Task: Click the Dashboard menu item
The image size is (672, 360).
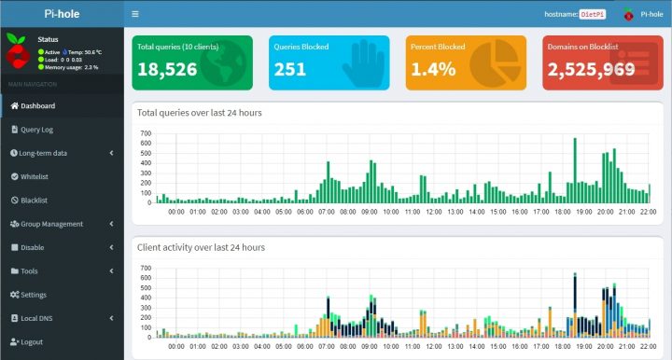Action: click(x=37, y=105)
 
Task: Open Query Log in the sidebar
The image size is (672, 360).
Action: click(x=37, y=129)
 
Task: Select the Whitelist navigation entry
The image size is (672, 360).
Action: click(x=34, y=176)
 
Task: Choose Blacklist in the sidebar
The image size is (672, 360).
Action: click(x=34, y=200)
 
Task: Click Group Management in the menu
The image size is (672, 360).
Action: click(x=51, y=224)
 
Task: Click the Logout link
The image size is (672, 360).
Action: click(x=31, y=342)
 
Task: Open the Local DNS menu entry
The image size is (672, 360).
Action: click(x=38, y=318)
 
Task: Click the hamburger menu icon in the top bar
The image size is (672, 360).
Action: click(x=135, y=14)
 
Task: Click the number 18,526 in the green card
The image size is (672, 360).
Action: click(x=167, y=69)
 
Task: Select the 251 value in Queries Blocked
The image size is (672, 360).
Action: click(x=290, y=69)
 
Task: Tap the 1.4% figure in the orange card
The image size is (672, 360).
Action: click(x=432, y=69)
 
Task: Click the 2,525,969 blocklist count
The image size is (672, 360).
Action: click(x=585, y=69)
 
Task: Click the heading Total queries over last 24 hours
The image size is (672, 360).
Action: click(x=199, y=113)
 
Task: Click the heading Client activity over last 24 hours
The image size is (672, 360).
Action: click(x=201, y=247)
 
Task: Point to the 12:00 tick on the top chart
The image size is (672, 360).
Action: click(x=432, y=212)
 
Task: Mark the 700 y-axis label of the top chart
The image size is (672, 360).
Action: click(x=145, y=133)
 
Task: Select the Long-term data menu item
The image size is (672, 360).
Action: click(x=43, y=153)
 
